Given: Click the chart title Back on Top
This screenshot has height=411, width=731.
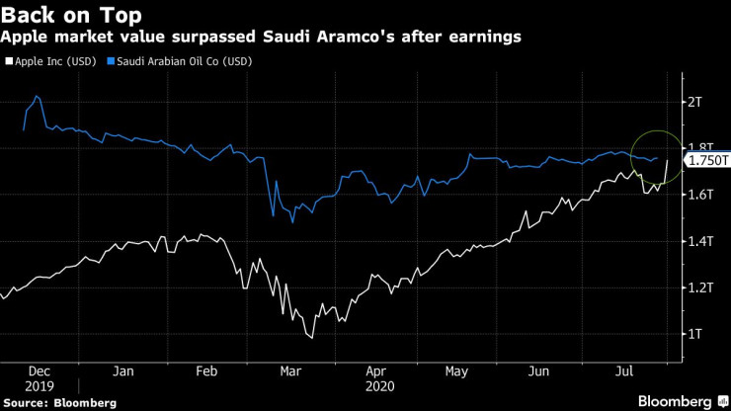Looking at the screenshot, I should (70, 15).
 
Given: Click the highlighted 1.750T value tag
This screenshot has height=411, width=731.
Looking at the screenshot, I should (708, 160).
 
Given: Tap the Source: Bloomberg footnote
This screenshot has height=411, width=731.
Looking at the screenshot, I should (60, 402).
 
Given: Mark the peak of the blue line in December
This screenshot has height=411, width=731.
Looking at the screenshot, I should (37, 96).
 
